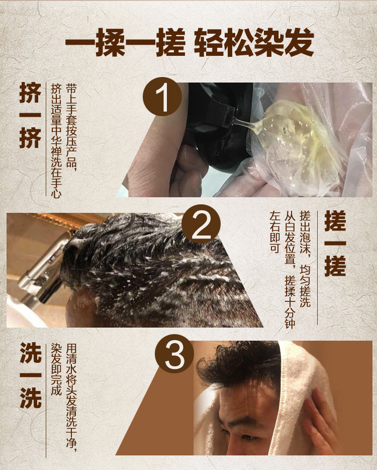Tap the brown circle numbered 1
click(x=162, y=96)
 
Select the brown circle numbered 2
click(x=201, y=224)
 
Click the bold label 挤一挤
click(x=30, y=115)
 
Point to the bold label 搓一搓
click(x=336, y=244)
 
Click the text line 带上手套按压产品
click(x=72, y=128)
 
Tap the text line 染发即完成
click(x=56, y=369)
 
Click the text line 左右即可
click(x=275, y=232)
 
